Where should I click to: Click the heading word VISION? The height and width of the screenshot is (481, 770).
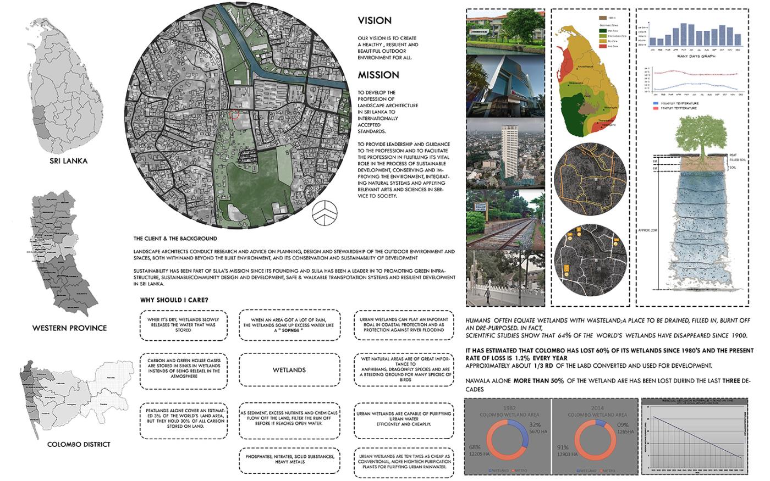coord(375,21)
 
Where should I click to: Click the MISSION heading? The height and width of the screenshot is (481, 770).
coord(378,75)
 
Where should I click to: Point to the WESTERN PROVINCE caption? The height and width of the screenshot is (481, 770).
coord(69,328)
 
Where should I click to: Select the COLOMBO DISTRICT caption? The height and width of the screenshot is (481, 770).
coord(79,444)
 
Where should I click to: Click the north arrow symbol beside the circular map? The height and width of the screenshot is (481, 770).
coord(323,211)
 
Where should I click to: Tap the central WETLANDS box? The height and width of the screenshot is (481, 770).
coord(289,370)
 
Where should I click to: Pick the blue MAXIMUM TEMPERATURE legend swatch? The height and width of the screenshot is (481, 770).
coord(654,103)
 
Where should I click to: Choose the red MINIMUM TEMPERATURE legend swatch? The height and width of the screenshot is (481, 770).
coord(654,108)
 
